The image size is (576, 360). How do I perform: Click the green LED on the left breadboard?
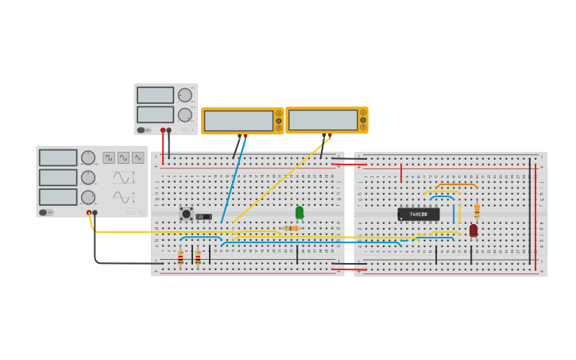(300, 212)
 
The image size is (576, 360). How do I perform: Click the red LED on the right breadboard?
(474, 230)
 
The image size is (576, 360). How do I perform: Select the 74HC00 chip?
(419, 214)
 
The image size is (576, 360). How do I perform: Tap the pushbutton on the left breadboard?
(186, 213)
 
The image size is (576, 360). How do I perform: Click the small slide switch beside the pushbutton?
(204, 216)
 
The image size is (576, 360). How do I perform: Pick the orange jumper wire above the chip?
(456, 185)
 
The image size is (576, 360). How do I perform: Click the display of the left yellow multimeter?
(238, 121)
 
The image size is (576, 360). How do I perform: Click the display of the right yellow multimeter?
(323, 120)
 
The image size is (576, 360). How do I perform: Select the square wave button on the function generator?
(109, 157)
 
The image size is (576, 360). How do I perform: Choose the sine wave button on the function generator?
(123, 157)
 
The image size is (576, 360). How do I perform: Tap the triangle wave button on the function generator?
(137, 157)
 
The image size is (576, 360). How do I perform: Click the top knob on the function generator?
(87, 157)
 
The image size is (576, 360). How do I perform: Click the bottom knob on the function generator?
(87, 196)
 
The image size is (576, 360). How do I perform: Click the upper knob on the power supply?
(185, 95)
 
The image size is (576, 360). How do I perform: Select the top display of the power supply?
(155, 95)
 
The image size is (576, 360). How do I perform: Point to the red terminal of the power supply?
(163, 130)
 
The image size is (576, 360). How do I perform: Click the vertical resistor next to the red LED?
(477, 211)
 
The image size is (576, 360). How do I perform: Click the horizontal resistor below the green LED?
(291, 228)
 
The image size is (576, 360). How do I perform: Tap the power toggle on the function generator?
(47, 212)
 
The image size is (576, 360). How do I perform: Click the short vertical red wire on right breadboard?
(401, 173)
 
